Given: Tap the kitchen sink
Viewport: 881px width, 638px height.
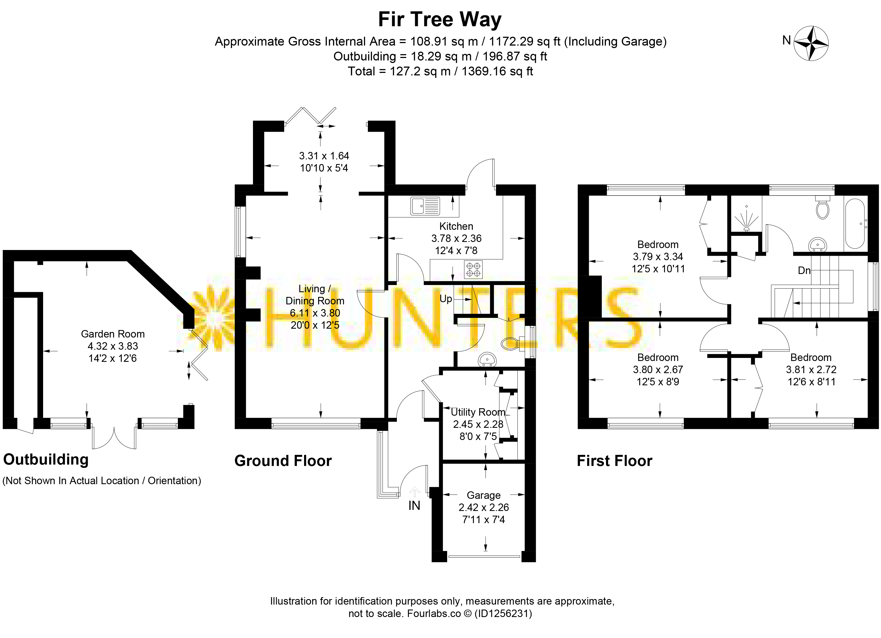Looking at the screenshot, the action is click(425, 206).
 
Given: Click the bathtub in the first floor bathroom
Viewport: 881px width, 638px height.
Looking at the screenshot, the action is click(854, 223).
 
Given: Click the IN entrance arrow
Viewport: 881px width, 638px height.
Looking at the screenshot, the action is click(415, 492).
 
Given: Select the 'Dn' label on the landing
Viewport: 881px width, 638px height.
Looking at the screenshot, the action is click(804, 270).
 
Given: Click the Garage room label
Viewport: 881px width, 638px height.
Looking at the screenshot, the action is click(484, 495).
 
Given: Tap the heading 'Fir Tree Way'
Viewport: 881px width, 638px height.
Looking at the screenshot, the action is click(440, 19).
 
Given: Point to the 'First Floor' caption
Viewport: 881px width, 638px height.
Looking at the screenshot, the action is click(614, 461).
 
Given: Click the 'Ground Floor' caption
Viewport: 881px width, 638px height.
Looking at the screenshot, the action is click(283, 461).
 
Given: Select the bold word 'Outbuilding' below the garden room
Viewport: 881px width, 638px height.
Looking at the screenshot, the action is click(46, 460).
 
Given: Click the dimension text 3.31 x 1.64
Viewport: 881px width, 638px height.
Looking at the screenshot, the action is click(324, 156).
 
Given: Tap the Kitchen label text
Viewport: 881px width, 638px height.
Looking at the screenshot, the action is click(456, 226).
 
